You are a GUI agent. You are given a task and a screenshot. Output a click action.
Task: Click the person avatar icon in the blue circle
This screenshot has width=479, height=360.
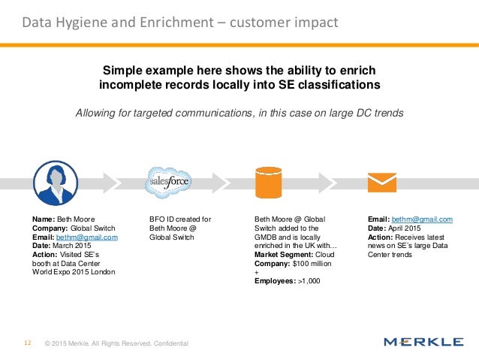point(56,183)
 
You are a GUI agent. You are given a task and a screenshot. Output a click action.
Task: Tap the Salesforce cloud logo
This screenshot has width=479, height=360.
point(168,182)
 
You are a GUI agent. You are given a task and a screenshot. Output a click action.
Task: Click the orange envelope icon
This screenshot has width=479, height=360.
point(380,183)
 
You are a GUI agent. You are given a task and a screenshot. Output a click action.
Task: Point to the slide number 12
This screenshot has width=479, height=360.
point(27,343)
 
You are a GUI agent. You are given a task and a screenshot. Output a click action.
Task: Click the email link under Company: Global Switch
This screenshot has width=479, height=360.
point(86,237)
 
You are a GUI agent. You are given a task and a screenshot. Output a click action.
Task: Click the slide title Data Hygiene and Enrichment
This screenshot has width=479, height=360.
point(179,23)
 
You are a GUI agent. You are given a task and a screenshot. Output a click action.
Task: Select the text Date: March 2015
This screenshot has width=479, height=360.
point(62,246)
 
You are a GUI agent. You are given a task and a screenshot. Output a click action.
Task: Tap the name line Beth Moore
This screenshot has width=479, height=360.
point(61,219)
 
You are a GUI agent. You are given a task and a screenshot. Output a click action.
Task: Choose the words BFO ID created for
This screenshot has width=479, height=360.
point(180,219)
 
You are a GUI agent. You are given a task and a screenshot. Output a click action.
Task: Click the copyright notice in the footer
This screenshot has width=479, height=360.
point(116,343)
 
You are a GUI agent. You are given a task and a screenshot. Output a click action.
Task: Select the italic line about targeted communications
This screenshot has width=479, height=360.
point(239,113)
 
